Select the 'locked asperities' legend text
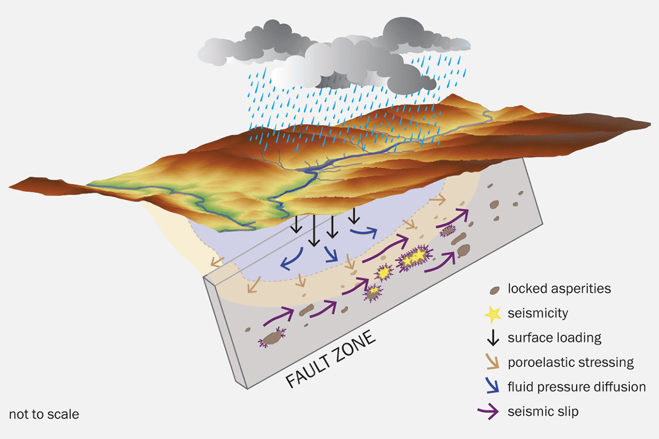[x=559, y=288]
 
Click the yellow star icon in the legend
[x=494, y=314]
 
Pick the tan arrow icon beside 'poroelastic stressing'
[x=494, y=363]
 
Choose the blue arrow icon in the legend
[x=494, y=387]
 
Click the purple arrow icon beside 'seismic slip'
[x=494, y=411]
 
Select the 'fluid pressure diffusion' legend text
[x=577, y=387]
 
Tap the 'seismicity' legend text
[x=538, y=314]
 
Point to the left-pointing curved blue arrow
[x=292, y=259]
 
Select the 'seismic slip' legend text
[x=543, y=411]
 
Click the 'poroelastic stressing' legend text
[x=571, y=363]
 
